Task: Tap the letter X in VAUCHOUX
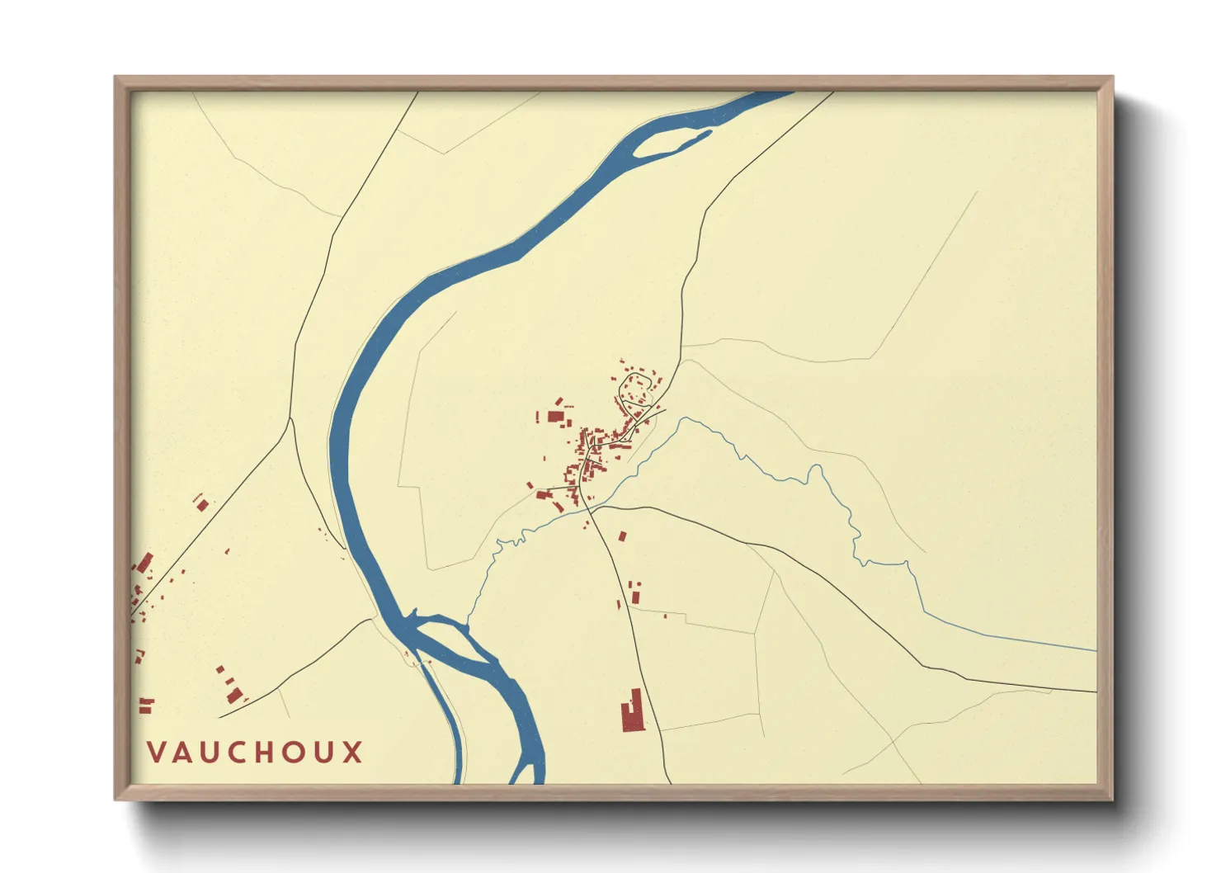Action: tap(353, 753)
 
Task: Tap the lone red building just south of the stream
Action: tap(623, 536)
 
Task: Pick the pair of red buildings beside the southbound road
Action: tap(635, 592)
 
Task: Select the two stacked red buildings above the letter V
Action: tap(146, 705)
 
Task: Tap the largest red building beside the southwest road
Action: tap(234, 695)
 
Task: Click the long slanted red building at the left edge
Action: tap(145, 564)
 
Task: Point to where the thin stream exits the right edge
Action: tap(1096, 650)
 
